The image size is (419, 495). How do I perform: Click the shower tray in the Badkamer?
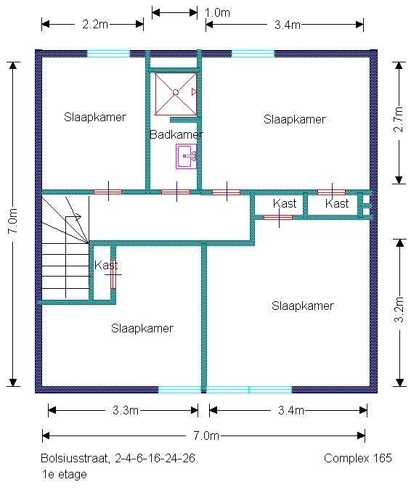176,94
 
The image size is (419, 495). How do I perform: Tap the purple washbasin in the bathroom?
187,156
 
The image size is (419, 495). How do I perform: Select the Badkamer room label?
176,134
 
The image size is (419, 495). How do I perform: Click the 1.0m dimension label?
217,12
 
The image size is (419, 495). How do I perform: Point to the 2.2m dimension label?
95,24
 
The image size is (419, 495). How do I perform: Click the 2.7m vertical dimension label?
399,119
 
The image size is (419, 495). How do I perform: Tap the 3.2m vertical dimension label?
399,309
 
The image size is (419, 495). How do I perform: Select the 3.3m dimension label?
126,410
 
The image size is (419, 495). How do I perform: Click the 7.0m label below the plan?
206,435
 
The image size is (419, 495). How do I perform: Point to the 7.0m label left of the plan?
13,221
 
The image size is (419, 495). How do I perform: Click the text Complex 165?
358,458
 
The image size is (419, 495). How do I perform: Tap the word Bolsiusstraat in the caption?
75,458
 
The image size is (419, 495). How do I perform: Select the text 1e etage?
64,474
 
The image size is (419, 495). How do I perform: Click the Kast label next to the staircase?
106,265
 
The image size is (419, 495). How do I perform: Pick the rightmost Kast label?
337,204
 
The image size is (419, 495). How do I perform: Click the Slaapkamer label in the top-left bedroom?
95,117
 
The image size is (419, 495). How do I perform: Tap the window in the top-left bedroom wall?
108,54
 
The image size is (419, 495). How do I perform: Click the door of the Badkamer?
176,192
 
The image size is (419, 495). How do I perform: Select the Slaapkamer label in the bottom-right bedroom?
303,306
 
